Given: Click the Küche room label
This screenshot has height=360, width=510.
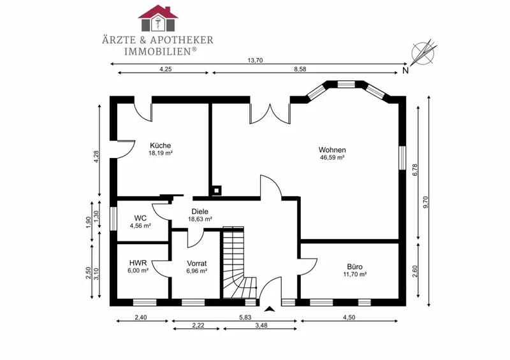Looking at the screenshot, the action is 161,145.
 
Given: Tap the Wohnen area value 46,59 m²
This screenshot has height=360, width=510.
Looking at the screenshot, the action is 332,158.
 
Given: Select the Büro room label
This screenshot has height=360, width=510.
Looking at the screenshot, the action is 354,267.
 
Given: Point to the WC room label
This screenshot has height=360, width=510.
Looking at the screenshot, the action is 140,218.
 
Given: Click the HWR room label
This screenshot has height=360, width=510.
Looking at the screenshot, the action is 138,263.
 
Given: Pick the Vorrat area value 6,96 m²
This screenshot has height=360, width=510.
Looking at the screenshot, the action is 197,271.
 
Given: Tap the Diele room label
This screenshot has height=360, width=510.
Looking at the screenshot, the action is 200,212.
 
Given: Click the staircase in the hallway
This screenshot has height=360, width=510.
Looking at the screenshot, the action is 240,262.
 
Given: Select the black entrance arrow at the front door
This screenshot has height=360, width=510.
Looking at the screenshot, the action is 269,309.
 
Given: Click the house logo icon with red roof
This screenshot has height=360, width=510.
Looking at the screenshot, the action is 157,18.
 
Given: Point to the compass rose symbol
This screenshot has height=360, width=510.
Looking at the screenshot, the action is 423,53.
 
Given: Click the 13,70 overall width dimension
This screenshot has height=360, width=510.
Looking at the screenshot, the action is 256,60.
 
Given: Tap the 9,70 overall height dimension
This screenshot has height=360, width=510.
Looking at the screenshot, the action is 426,201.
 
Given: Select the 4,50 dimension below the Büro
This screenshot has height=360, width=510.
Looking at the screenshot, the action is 349,317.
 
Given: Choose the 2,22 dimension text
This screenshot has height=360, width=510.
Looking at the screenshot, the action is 198,325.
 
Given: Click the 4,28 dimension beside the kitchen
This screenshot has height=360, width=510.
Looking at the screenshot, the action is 96,157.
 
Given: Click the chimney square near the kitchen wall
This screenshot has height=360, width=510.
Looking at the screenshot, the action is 216,191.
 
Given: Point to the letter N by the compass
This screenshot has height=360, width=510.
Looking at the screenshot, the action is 405,71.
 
